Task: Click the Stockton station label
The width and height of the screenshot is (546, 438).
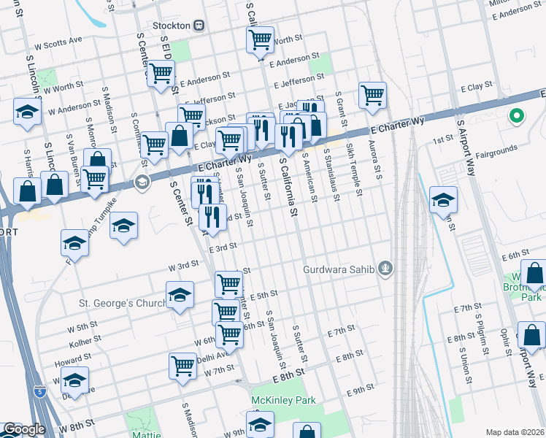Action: pos(172,25)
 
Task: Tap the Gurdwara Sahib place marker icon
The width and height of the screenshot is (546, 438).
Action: pos(386,269)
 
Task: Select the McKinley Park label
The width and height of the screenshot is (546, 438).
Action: pos(282,400)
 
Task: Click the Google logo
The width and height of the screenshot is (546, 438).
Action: pos(23,430)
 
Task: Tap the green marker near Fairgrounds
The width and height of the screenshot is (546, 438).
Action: pos(516,116)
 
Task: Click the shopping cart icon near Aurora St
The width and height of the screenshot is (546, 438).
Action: pos(372,94)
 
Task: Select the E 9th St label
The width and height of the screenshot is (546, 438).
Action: pos(361,391)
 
